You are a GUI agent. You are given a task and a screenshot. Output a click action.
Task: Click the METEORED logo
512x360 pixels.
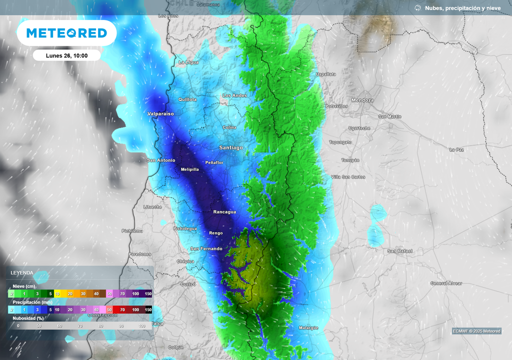[x=66, y=33]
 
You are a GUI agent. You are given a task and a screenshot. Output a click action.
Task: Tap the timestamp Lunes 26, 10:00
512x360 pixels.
[x=66, y=55]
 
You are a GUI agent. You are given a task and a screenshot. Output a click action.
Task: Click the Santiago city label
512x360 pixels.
[x=231, y=147]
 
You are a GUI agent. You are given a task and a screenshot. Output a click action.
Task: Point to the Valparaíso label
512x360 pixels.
[x=160, y=114]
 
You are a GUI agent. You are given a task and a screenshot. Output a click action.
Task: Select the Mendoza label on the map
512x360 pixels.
[x=362, y=100]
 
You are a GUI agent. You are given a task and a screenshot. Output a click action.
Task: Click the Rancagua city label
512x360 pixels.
[x=224, y=212]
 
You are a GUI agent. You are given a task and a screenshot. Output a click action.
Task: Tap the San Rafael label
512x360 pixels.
[x=399, y=250]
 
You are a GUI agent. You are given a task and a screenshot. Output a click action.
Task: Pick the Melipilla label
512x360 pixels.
[x=189, y=169]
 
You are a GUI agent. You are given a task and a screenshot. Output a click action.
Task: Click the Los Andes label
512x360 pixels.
[x=234, y=95]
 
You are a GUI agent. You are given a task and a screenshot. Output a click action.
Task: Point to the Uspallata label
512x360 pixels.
[x=326, y=74]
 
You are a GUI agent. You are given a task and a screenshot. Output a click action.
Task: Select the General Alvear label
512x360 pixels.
[x=446, y=283]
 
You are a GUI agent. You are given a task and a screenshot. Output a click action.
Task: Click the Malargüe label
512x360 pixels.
[x=308, y=327]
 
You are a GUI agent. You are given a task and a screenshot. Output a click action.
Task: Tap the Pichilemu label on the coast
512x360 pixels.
[x=132, y=230]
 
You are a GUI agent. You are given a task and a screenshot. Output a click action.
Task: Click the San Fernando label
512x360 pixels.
[x=206, y=248]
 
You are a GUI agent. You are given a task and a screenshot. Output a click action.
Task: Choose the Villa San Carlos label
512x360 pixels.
[x=348, y=177]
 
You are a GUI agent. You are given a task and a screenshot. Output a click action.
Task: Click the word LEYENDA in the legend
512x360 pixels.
[x=22, y=272]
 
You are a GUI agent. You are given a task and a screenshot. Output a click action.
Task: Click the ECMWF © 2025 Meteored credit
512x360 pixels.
[x=476, y=331]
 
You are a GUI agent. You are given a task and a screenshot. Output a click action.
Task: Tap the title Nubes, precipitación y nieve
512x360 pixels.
[x=462, y=8]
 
